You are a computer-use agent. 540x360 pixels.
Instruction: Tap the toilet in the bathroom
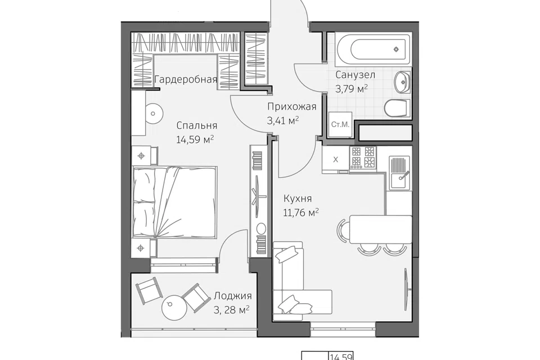pos(398,109)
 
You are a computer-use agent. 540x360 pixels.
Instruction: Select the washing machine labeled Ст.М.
pos(340,124)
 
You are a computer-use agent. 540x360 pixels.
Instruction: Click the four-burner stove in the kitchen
pos(363,157)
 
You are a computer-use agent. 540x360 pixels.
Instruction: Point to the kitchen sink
pos(399,173)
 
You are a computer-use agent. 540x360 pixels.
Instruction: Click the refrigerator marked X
pos(336,159)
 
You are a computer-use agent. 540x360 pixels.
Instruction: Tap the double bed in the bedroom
pos(175,202)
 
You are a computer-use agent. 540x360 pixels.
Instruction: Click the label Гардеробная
pos(186,79)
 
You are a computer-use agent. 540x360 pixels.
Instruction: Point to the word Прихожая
pos(292,107)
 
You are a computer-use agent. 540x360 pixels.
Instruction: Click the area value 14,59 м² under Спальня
pos(195,139)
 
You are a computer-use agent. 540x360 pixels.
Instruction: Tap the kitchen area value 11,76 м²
pos(300,213)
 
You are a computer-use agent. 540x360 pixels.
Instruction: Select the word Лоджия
pos(233,295)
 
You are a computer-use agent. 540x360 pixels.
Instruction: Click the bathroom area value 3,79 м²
pos(352,89)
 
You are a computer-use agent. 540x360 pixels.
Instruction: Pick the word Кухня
pos(298,199)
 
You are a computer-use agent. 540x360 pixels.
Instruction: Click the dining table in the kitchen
pos(381,229)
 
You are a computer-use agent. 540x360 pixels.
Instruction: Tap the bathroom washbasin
pos(402,82)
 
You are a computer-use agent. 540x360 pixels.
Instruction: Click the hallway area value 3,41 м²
pos(283,120)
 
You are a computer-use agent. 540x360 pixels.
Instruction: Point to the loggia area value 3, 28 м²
pos(231,310)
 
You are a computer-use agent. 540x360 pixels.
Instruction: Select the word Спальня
pos(197,125)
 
